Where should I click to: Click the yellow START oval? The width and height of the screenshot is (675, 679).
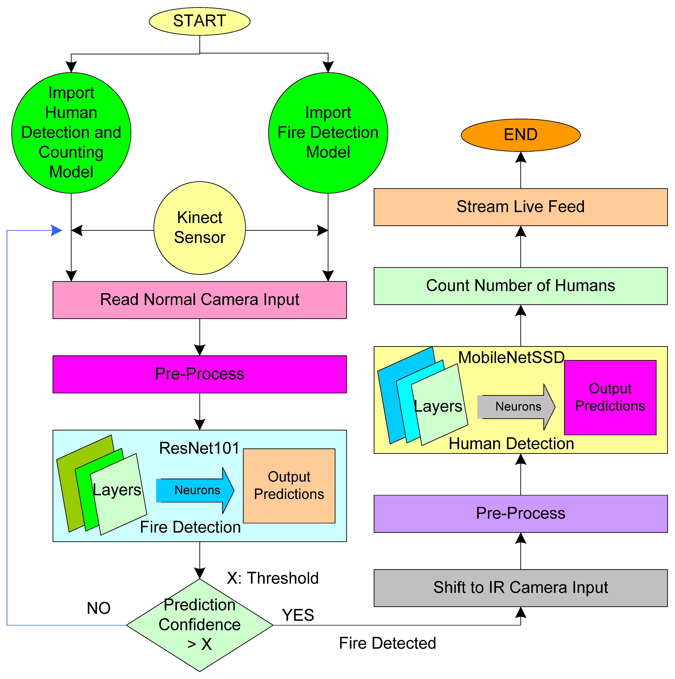(x=199, y=21)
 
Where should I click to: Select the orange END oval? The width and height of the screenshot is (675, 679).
(x=521, y=135)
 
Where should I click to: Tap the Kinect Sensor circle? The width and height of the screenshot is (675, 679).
(x=199, y=228)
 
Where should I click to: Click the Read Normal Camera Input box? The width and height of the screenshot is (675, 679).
(x=199, y=300)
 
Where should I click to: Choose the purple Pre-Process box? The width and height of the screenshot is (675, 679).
(x=521, y=513)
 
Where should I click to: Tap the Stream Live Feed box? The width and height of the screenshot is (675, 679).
(x=521, y=207)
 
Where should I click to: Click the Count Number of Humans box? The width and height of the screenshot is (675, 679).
(x=521, y=286)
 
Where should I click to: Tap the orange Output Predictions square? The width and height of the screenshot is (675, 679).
(x=289, y=486)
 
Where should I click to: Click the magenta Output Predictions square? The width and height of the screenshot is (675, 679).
(x=610, y=398)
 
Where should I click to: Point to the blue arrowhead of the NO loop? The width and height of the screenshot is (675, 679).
(x=56, y=231)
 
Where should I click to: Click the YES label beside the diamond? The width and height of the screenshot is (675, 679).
(x=298, y=615)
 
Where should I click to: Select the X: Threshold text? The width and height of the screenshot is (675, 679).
(x=273, y=578)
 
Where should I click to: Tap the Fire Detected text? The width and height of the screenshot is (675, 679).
(x=387, y=643)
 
